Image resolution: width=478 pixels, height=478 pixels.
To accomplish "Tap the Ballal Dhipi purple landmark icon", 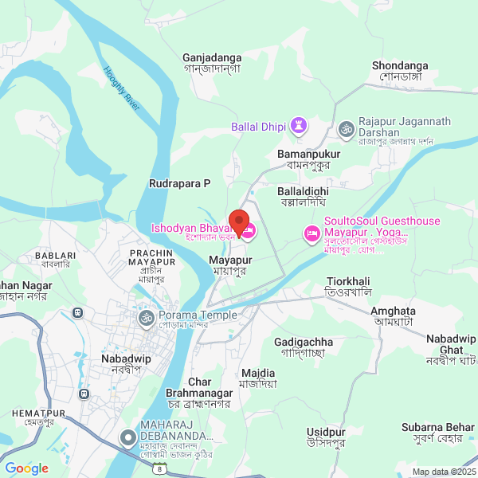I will [299, 126].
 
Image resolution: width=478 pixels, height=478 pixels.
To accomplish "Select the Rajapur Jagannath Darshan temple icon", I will [346, 127].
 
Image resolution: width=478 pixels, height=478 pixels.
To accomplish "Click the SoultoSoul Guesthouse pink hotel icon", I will [311, 234].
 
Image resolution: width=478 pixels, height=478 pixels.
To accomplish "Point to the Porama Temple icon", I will [145, 319].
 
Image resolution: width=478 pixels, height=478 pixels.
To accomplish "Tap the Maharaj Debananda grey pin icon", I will [127, 437].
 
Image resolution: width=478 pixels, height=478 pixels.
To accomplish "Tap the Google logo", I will [26, 468].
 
